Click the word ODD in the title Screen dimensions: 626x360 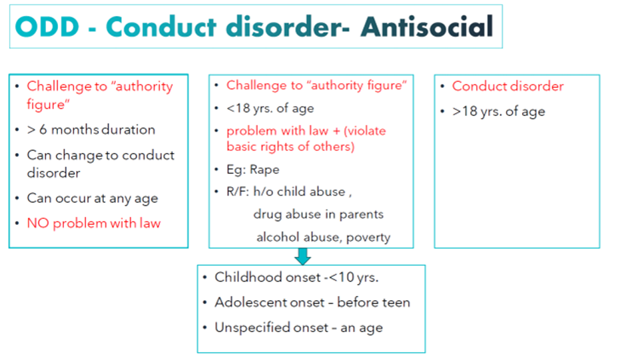coord(47,27)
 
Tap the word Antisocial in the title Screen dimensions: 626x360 coord(427,27)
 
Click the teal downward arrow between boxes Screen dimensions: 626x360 coord(302,256)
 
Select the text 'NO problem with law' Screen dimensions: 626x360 coord(94,223)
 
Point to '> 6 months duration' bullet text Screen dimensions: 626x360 coord(91,130)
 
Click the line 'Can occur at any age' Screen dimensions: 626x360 coord(92,198)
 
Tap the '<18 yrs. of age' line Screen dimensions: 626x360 coord(270,108)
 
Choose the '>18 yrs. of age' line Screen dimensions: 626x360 coord(498,111)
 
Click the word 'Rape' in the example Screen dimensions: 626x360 coord(264,170)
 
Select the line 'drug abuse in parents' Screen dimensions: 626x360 coord(318,214)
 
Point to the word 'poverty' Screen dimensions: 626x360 coord(368,238)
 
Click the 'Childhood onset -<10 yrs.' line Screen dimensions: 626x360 coord(296,277)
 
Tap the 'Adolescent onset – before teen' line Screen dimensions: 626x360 coord(312,303)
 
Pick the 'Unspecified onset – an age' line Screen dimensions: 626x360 coord(298,327)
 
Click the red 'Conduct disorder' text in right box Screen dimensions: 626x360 coord(508,87)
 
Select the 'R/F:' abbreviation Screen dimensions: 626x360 coord(238,192)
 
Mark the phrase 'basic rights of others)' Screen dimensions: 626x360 coord(290,147)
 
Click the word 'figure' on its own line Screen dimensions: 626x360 coord(48,104)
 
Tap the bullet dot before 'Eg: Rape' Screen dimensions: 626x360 coord(216,170)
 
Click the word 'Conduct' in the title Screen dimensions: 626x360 coord(161,27)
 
